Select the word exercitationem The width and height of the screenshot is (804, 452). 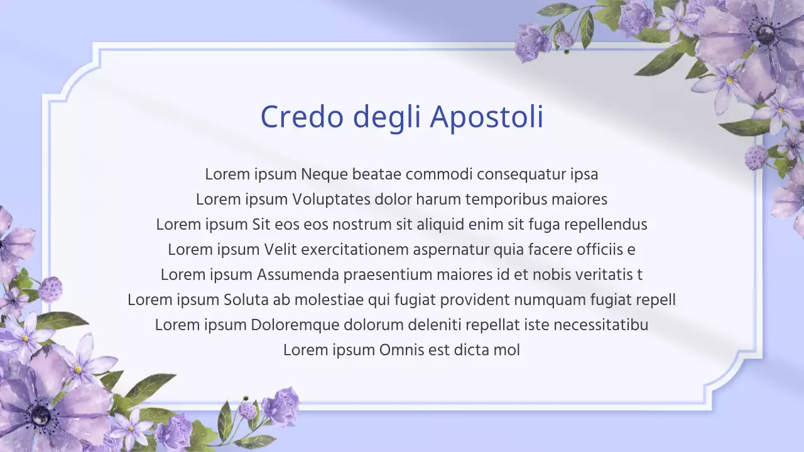click(355, 250)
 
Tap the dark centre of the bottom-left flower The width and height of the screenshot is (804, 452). click(40, 415)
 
